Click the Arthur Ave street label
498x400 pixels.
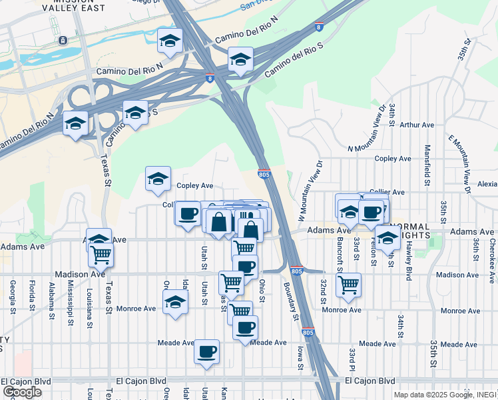click(x=417, y=125)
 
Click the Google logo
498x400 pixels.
click(x=22, y=392)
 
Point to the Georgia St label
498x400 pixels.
click(x=13, y=297)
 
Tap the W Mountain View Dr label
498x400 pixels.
click(x=310, y=191)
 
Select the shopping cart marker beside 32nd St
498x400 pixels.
click(x=349, y=285)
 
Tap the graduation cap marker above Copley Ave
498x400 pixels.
click(x=158, y=179)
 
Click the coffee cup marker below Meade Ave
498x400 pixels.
click(x=206, y=351)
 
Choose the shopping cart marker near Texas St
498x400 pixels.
click(x=101, y=253)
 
